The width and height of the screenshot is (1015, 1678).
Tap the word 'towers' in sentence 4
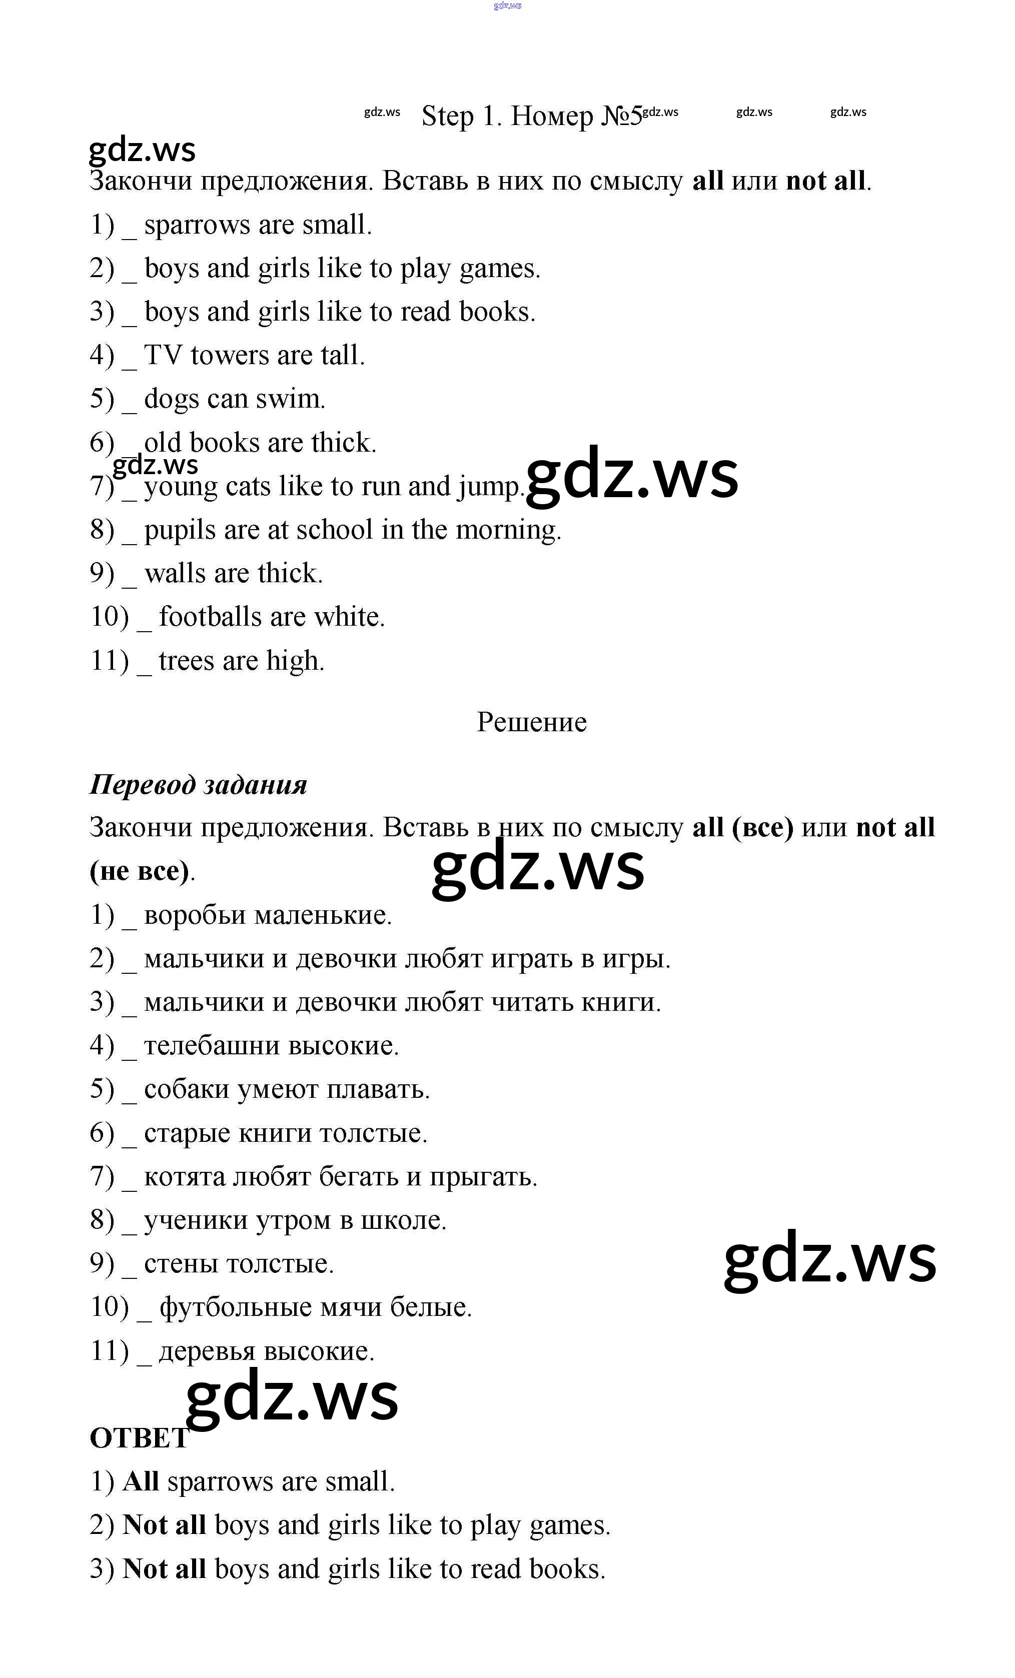tap(230, 356)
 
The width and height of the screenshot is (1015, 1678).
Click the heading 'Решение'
tap(531, 722)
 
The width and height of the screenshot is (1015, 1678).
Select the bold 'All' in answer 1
tap(141, 1482)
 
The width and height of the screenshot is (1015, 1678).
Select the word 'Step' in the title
tap(447, 116)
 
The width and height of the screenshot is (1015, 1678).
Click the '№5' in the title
tap(621, 116)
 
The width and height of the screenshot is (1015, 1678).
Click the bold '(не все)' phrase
tap(140, 871)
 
